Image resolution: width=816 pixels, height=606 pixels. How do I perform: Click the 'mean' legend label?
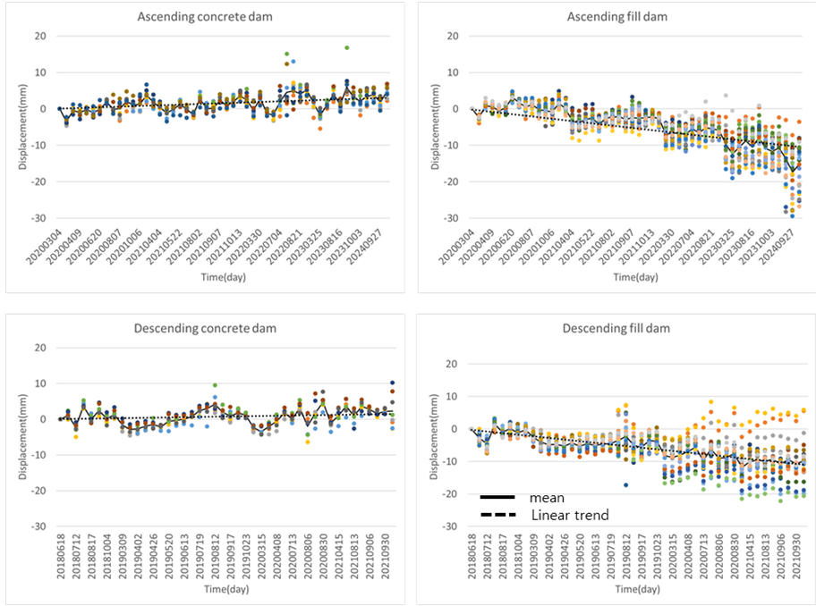point(547,498)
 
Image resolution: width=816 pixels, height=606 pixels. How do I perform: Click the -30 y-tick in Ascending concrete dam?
point(38,218)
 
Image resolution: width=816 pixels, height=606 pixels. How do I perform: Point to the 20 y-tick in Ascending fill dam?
point(453,37)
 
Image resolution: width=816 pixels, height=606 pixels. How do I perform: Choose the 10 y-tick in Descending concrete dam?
point(38,383)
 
